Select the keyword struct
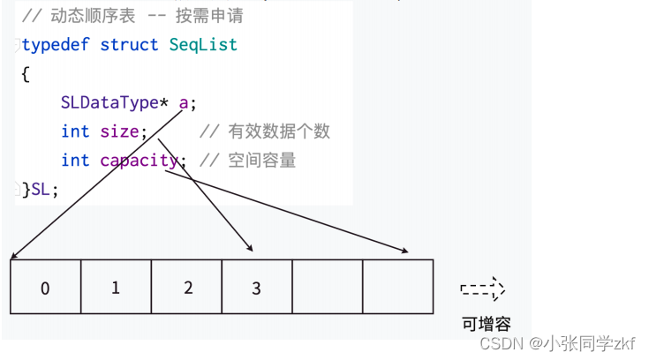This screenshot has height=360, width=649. coord(129,44)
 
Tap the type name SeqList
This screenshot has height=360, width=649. coord(203,44)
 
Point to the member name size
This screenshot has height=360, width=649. coord(119,131)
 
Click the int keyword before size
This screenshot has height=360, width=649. coord(75,131)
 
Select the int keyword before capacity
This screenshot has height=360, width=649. coord(75,161)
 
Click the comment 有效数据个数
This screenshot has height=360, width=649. coord(279,131)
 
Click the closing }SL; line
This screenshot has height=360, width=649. coord(40,189)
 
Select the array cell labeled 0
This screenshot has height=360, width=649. coord(45,287)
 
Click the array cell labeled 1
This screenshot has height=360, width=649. coord(116,287)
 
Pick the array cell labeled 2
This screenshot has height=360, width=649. coord(186,287)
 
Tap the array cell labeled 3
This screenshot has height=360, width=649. coord(256,287)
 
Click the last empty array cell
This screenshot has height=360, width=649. coord(397,287)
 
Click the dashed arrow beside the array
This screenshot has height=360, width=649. coord(482,289)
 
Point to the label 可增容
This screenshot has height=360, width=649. coord(486,323)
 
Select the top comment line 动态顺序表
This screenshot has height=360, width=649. coord(132,16)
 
